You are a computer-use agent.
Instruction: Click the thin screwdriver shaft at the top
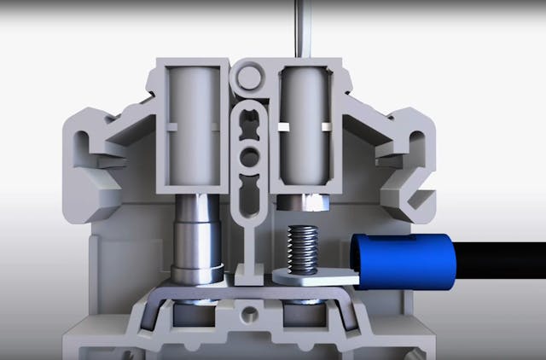pyautogui.click(x=299, y=26)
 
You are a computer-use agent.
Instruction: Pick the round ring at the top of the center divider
pyautogui.click(x=249, y=79)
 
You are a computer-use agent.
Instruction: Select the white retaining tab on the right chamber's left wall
pyautogui.click(x=282, y=127)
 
